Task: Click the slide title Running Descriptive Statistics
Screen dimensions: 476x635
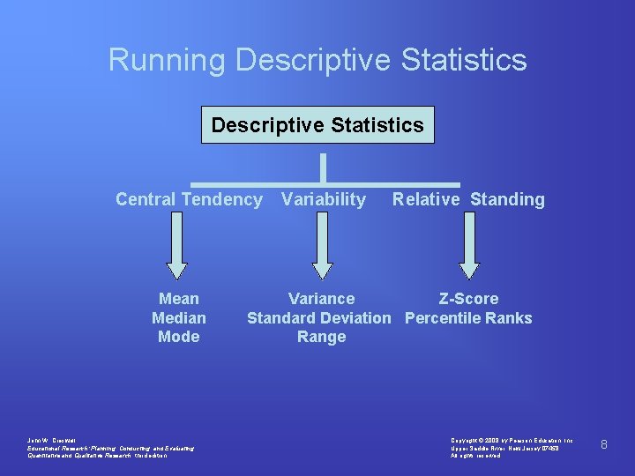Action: tap(317, 60)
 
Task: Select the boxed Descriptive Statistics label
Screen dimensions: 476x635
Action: tap(317, 125)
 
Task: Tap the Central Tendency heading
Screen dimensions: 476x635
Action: tap(189, 199)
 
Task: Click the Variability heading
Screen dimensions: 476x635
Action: tap(323, 199)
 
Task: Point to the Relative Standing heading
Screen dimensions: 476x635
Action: tap(468, 199)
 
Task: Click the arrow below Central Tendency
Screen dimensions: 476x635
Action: tap(177, 246)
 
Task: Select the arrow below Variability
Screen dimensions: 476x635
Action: tap(323, 246)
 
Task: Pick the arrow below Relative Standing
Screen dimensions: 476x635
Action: tap(468, 246)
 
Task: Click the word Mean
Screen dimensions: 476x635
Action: tap(179, 299)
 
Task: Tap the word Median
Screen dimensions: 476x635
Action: tap(179, 318)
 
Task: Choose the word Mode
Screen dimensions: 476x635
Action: tap(179, 337)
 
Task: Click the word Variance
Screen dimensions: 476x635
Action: tap(321, 299)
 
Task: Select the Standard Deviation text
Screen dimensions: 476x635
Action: tap(318, 318)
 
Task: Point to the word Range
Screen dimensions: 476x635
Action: tap(321, 337)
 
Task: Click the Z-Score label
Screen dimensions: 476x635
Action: tap(468, 299)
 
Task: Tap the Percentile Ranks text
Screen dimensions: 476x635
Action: tap(468, 318)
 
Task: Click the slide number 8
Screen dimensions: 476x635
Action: tap(603, 444)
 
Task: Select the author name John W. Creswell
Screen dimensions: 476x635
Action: tap(54, 439)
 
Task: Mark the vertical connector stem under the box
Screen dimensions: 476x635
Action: tap(323, 167)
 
